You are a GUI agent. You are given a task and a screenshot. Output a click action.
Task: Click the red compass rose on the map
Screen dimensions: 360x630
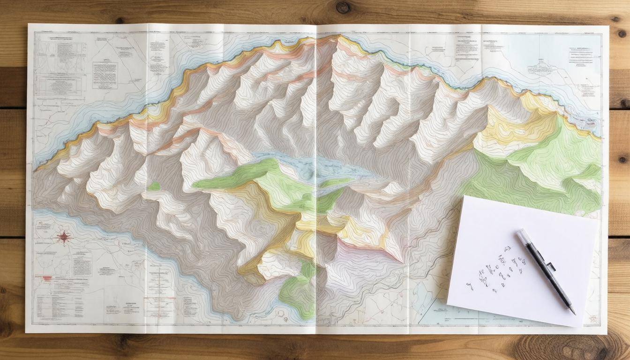[64, 237]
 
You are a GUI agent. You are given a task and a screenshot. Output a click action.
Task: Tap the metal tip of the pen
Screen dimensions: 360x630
[573, 311]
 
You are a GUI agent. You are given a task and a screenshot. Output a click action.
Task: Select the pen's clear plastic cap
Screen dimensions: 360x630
[525, 239]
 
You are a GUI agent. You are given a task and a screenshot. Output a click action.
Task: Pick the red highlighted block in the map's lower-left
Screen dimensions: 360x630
[47, 278]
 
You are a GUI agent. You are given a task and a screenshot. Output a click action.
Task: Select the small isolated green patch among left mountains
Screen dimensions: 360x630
[154, 187]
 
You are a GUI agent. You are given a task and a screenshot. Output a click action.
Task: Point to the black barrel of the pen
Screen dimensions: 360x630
[553, 277]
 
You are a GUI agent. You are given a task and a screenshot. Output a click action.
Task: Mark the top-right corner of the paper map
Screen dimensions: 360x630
[608, 26]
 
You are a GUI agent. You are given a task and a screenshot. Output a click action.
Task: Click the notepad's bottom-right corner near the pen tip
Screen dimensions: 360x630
[576, 327]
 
